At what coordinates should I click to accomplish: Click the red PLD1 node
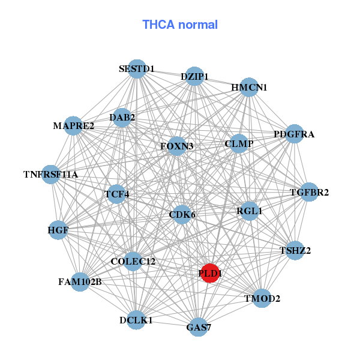point(210,273)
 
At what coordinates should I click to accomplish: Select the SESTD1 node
point(137,69)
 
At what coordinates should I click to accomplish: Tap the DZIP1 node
point(194,76)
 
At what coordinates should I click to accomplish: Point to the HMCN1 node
point(249,87)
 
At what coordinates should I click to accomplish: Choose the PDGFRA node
point(293,134)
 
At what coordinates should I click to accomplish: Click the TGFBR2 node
point(308,193)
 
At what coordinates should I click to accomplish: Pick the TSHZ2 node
point(295,250)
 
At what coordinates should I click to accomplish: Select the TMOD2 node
point(262,298)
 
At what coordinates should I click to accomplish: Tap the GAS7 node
point(199,327)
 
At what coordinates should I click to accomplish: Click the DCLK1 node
point(136,320)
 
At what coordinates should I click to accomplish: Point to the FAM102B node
point(80,281)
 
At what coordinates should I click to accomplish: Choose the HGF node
point(58,230)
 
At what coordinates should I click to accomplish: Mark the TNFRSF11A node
point(51,175)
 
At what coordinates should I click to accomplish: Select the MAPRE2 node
point(73,126)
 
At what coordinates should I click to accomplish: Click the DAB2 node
point(122,118)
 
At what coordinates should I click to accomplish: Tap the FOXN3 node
point(176,146)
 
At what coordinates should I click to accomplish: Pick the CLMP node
point(239,144)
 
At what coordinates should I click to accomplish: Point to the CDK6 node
point(182,214)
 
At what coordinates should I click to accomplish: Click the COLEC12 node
point(133,262)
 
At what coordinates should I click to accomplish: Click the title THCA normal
point(180,25)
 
